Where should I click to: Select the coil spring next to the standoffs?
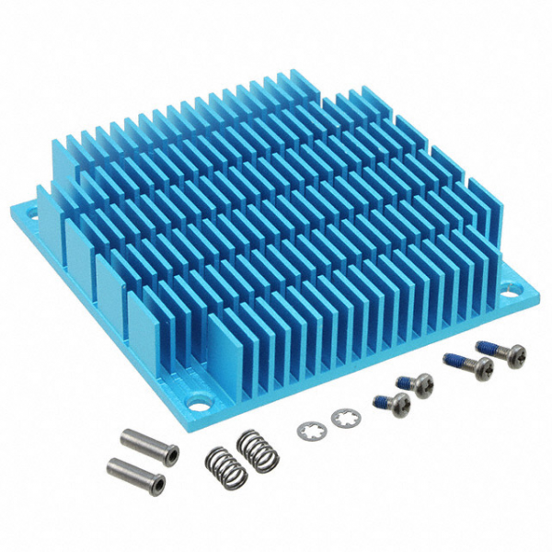[x=224, y=466]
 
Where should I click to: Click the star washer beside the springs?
[x=310, y=429]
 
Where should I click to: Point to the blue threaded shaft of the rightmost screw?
[x=486, y=349]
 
